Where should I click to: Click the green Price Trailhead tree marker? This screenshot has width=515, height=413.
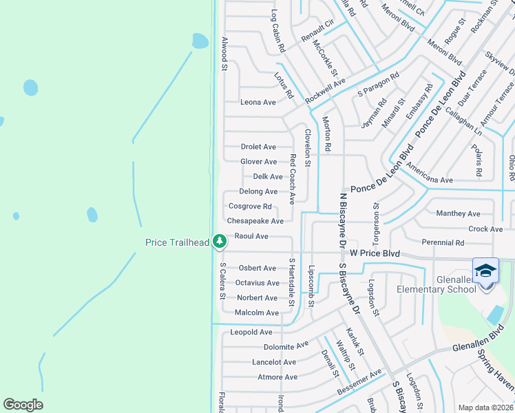click(x=219, y=241)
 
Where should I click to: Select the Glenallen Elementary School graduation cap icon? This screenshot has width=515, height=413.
click(x=485, y=270)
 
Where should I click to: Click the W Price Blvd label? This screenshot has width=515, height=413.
click(x=375, y=253)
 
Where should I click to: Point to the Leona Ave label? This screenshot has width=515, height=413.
click(x=257, y=103)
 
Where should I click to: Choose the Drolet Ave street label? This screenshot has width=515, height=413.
click(x=258, y=147)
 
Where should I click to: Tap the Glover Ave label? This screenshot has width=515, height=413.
click(x=258, y=162)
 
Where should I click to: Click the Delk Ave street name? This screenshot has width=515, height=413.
click(x=268, y=177)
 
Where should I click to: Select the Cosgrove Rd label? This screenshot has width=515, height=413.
click(x=251, y=206)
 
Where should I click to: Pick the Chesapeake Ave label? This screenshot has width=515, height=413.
click(x=255, y=222)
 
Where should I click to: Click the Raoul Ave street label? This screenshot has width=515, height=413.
click(x=251, y=236)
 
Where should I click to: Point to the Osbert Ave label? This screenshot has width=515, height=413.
click(x=257, y=268)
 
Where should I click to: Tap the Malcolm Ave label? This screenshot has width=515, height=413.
click(x=257, y=313)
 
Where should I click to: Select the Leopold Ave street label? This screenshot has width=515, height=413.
click(x=251, y=332)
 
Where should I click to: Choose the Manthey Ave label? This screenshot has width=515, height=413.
click(x=458, y=214)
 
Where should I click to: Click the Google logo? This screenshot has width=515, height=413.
click(x=23, y=405)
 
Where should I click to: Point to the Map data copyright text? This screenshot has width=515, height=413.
click(x=485, y=407)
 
